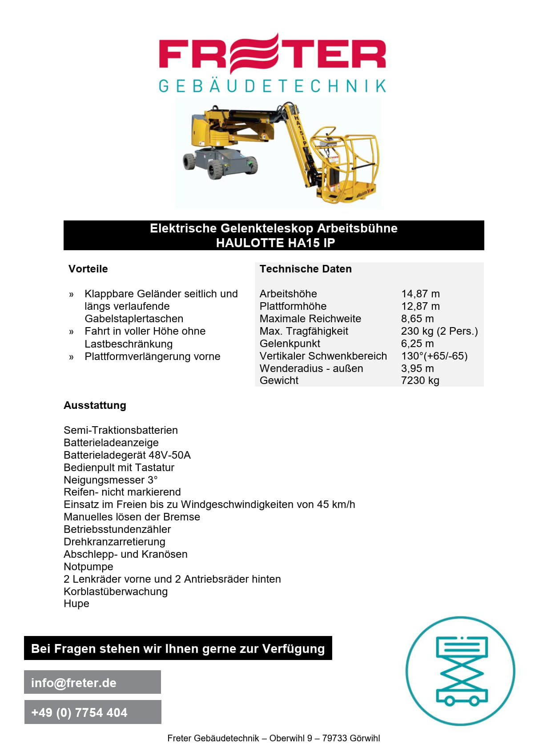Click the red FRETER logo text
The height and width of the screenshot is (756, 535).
pyautogui.click(x=272, y=54)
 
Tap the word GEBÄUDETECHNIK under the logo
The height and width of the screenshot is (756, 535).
pyautogui.click(x=272, y=86)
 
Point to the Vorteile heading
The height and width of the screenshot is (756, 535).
pyautogui.click(x=88, y=269)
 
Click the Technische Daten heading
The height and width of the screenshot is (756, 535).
pyautogui.click(x=306, y=269)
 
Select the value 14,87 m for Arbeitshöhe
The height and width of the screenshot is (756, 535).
pyautogui.click(x=420, y=294)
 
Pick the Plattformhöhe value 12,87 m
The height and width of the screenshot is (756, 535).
pyautogui.click(x=420, y=306)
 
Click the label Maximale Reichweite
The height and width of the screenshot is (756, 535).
pyautogui.click(x=310, y=319)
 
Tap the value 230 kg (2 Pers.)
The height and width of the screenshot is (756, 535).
pyautogui.click(x=439, y=331)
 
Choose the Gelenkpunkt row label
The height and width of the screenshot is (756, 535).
pyautogui.click(x=290, y=344)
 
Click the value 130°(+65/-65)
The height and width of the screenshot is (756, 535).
pyautogui.click(x=434, y=356)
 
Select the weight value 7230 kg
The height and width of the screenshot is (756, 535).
pyautogui.click(x=420, y=380)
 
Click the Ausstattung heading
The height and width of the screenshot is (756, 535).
pyautogui.click(x=95, y=405)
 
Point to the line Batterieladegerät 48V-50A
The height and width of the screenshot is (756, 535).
pyautogui.click(x=127, y=455)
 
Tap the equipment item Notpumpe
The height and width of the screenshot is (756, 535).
pyautogui.click(x=88, y=567)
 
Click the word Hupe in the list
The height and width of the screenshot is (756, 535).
pyautogui.click(x=76, y=604)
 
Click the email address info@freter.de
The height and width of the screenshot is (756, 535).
pyautogui.click(x=74, y=683)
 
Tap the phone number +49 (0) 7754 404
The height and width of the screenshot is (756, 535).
pyautogui.click(x=79, y=712)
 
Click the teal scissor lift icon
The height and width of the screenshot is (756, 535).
pyautogui.click(x=460, y=671)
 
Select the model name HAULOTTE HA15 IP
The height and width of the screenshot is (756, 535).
pyautogui.click(x=275, y=243)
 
